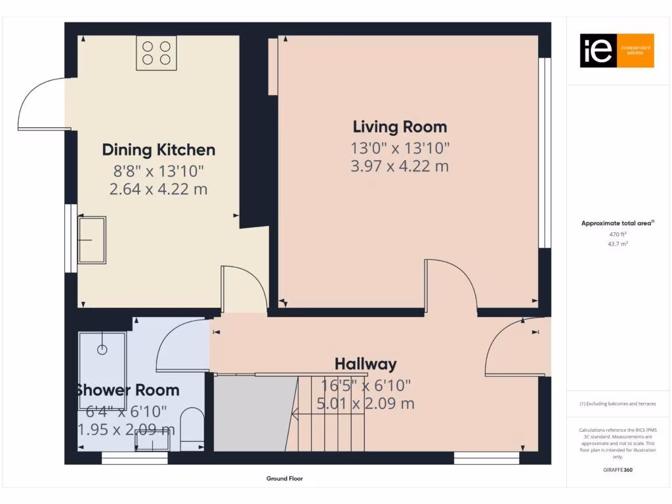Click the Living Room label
coord(400,127)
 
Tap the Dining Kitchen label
coord(158,150)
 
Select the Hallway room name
coord(366,364)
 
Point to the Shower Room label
coord(127,390)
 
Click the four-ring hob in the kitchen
coord(156,53)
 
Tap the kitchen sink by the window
coord(92,240)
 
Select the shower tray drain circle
coord(102,350)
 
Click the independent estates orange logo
coord(616,51)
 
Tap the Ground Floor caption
coord(284,479)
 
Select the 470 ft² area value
coord(617,234)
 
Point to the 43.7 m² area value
coord(617,243)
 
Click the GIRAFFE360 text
coord(617,470)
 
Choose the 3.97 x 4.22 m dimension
coord(400,166)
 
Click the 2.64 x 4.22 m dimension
coord(158,190)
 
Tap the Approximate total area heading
coord(617,223)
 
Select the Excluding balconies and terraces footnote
coord(617,404)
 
